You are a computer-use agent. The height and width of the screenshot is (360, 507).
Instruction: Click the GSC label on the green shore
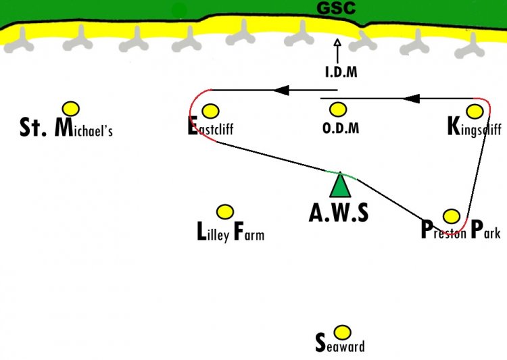[336, 8]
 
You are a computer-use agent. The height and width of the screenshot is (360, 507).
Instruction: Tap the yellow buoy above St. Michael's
[71, 109]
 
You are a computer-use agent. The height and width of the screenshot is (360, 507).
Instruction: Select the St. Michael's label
[66, 128]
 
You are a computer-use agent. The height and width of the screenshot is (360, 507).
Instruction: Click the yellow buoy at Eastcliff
[210, 111]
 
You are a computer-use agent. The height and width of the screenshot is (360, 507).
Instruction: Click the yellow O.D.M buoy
[338, 110]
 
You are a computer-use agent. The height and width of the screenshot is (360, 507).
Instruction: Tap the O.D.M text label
[341, 128]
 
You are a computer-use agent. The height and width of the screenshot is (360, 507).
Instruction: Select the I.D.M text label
[341, 72]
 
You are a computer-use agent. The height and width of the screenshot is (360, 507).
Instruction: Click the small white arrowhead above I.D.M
[337, 43]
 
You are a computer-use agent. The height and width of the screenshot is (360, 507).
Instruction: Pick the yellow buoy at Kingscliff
[475, 111]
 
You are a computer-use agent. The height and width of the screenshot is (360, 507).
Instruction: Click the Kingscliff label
[475, 127]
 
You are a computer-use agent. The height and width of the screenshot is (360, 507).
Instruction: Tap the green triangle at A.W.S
[340, 185]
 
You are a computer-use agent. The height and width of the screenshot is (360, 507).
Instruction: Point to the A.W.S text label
[339, 213]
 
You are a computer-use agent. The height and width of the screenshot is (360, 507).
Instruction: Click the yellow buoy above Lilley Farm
[225, 212]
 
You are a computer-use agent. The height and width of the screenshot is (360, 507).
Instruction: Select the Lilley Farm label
[231, 232]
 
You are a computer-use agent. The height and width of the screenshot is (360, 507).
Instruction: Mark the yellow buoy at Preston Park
[452, 216]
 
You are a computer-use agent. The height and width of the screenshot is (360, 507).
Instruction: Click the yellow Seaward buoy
[342, 332]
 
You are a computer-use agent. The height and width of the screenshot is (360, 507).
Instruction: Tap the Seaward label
[340, 344]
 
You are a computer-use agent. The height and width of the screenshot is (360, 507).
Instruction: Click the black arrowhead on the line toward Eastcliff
[281, 90]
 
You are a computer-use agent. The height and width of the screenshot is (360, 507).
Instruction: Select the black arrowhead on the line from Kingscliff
[412, 99]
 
